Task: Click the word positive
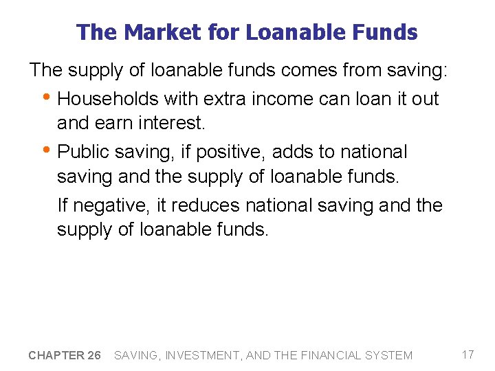[x=226, y=152]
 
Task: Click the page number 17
[x=467, y=355]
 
